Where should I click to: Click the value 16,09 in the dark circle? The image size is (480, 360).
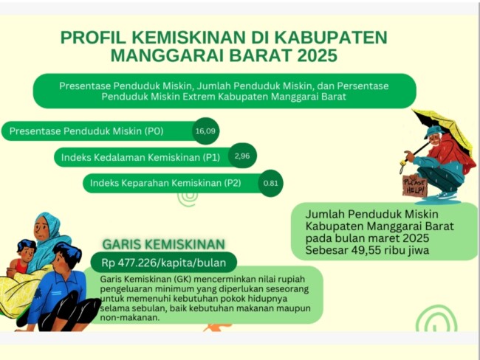click(x=205, y=131)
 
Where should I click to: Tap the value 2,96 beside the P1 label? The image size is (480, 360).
click(x=242, y=156)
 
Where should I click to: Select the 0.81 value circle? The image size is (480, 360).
click(x=271, y=183)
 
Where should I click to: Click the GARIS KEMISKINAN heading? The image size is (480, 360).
click(x=163, y=244)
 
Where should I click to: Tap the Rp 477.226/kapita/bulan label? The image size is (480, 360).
click(x=164, y=263)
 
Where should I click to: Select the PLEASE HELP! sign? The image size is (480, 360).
click(x=415, y=186)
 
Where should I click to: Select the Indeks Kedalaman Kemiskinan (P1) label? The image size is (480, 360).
click(x=140, y=157)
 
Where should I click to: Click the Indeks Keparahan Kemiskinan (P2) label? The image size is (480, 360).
click(x=165, y=183)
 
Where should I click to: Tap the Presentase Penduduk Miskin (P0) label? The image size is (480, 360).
click(x=86, y=131)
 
